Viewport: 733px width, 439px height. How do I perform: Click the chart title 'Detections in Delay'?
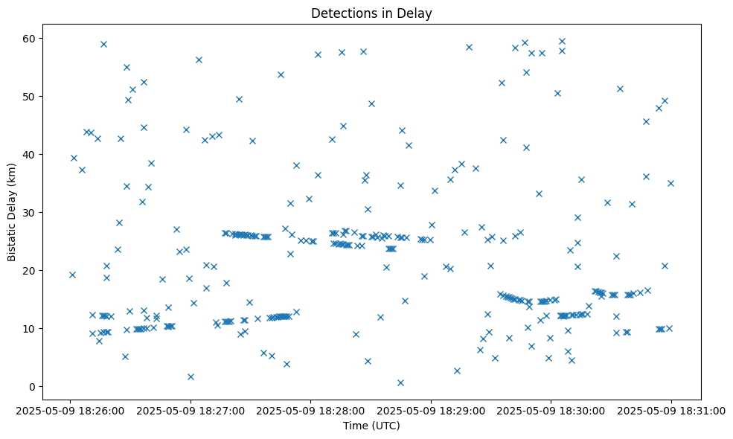coord(371,13)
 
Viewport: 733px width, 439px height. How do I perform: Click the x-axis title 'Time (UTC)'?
coord(371,426)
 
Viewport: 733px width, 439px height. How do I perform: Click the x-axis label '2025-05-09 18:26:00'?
coord(71,410)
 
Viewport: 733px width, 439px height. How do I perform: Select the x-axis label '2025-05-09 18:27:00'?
coord(191,410)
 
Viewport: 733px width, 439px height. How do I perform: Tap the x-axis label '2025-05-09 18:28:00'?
coord(311,410)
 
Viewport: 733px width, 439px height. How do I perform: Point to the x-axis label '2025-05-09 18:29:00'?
coord(431,410)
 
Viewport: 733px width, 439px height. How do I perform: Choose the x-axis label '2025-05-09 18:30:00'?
coord(551,410)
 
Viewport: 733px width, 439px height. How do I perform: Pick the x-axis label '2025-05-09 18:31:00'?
coord(671,410)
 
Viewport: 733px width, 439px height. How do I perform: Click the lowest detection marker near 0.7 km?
coord(400,382)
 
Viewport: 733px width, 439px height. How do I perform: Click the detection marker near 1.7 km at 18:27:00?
coord(191,376)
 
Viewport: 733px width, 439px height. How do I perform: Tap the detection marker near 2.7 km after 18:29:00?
coord(457,371)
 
